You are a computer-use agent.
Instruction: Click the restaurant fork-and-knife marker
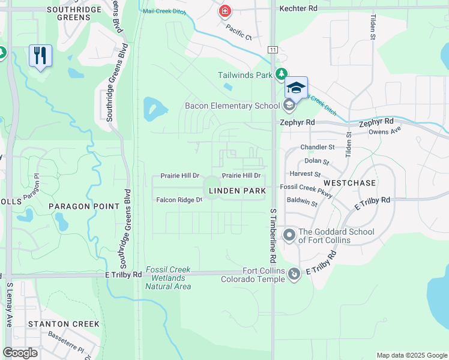click(x=40, y=56)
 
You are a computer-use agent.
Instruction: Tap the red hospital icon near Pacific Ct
click(x=225, y=11)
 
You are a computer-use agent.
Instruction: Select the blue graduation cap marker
click(x=296, y=88)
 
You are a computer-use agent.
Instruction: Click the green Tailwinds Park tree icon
click(x=281, y=74)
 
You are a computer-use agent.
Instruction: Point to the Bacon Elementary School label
click(x=232, y=106)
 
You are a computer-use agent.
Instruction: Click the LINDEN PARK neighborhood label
click(x=237, y=191)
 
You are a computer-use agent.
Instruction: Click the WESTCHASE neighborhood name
click(x=349, y=182)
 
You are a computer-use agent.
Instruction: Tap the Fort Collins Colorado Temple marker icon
click(x=294, y=274)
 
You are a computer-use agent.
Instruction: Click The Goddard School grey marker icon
click(x=289, y=234)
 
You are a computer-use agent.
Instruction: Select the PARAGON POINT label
click(x=84, y=206)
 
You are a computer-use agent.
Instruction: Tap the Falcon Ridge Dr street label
click(x=179, y=200)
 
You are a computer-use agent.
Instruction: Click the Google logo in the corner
click(x=20, y=353)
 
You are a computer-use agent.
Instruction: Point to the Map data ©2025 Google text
click(x=411, y=355)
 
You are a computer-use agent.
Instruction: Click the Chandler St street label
click(x=318, y=147)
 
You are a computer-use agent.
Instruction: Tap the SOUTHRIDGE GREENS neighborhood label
click(x=60, y=13)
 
